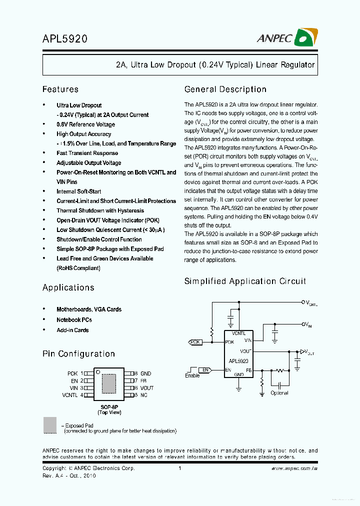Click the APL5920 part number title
[x=65, y=38]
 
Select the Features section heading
[x=60, y=89]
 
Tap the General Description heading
[x=225, y=89]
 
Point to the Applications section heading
[x=68, y=287]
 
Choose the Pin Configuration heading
[x=78, y=354]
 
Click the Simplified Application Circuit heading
[x=245, y=281]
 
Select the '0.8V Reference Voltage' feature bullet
[x=85, y=124]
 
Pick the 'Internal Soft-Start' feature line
[x=78, y=191]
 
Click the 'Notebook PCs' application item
[x=74, y=320]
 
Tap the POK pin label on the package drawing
[x=72, y=373]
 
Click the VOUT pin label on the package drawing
[x=147, y=388]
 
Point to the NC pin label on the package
[x=144, y=395]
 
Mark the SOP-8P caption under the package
[x=109, y=407]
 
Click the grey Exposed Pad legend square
[x=50, y=425]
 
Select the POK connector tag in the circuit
[x=195, y=342]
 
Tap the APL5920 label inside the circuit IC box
[x=238, y=360]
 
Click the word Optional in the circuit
[x=279, y=393]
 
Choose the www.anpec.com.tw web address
[x=294, y=468]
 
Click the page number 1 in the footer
[x=179, y=468]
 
